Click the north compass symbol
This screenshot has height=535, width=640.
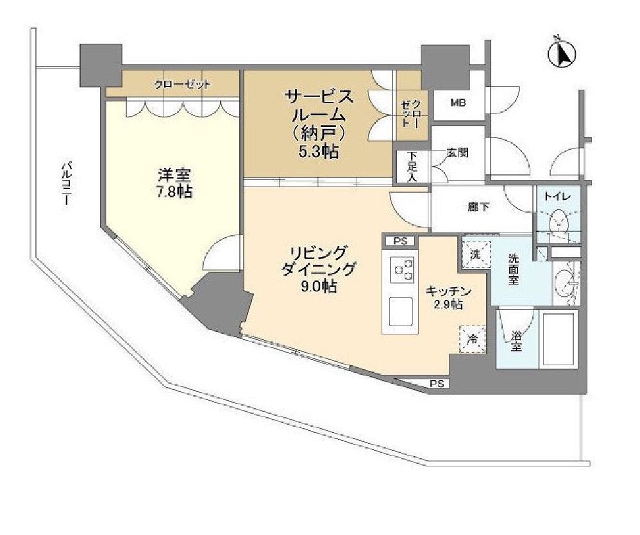[562, 54]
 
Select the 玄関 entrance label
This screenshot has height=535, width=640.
[457, 153]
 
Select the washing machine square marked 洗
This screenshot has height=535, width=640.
[475, 252]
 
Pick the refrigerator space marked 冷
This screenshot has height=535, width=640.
[473, 339]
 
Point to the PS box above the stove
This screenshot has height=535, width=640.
[400, 242]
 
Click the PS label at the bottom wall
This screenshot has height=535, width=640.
[437, 384]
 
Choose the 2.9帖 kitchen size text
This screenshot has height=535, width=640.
[448, 305]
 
